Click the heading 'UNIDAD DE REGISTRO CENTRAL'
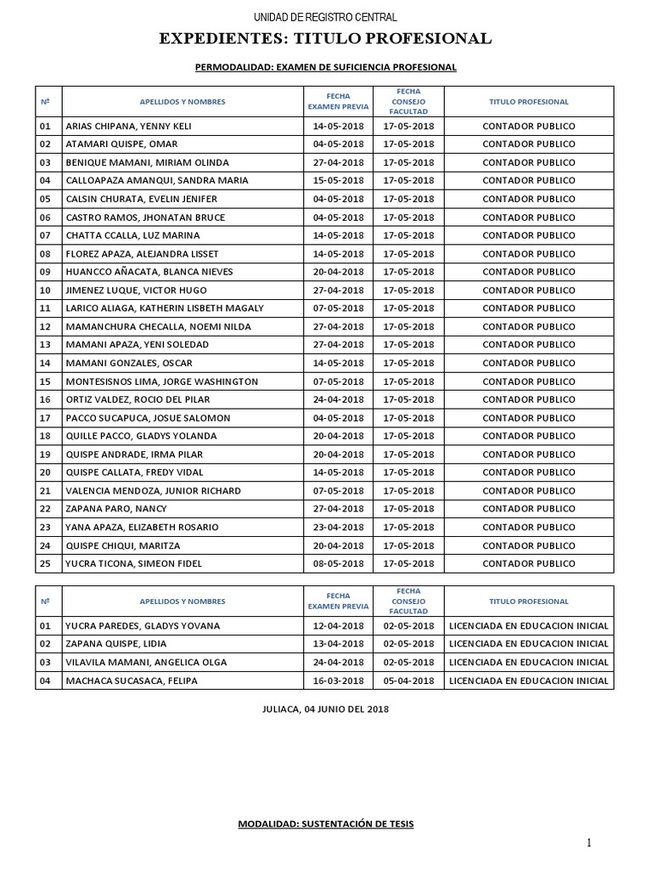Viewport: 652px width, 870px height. (326, 18)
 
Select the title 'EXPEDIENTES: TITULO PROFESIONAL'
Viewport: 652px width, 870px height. (326, 38)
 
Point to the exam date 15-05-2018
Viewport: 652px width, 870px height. (337, 180)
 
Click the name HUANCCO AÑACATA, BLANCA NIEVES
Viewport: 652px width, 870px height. (149, 272)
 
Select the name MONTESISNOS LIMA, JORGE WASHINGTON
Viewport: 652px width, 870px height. (162, 381)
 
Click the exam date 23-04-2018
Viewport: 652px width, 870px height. (337, 527)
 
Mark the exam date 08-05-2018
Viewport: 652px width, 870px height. (337, 563)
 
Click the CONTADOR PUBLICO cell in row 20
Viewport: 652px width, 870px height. (528, 472)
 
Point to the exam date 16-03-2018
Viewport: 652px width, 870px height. (337, 681)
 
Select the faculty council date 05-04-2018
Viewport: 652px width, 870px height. (408, 681)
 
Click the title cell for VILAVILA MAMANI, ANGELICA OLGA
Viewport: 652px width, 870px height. (528, 662)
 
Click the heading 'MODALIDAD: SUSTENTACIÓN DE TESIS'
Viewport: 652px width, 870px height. (326, 824)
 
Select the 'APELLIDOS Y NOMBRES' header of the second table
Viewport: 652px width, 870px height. (183, 601)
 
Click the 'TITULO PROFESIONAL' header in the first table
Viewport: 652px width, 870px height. (528, 102)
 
